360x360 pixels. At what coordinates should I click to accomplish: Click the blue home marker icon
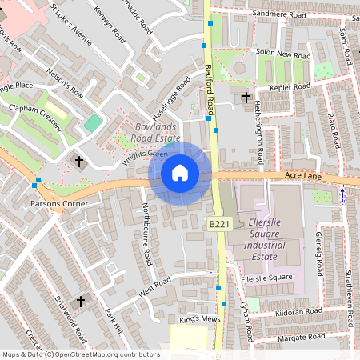point(180,172)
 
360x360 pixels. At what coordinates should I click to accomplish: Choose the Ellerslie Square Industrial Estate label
point(254,235)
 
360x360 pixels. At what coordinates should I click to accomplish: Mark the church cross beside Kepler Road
point(246,97)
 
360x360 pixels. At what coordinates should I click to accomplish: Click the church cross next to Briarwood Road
point(80,302)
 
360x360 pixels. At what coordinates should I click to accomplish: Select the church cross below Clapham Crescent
point(79,162)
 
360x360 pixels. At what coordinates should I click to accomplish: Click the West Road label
point(154,288)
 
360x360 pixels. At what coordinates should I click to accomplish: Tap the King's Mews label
point(199,320)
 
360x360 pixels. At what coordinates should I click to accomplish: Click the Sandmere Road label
point(279,14)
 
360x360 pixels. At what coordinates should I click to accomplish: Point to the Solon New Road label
point(282,56)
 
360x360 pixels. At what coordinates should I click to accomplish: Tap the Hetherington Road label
point(259,118)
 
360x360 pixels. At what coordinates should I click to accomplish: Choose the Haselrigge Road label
point(171,94)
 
